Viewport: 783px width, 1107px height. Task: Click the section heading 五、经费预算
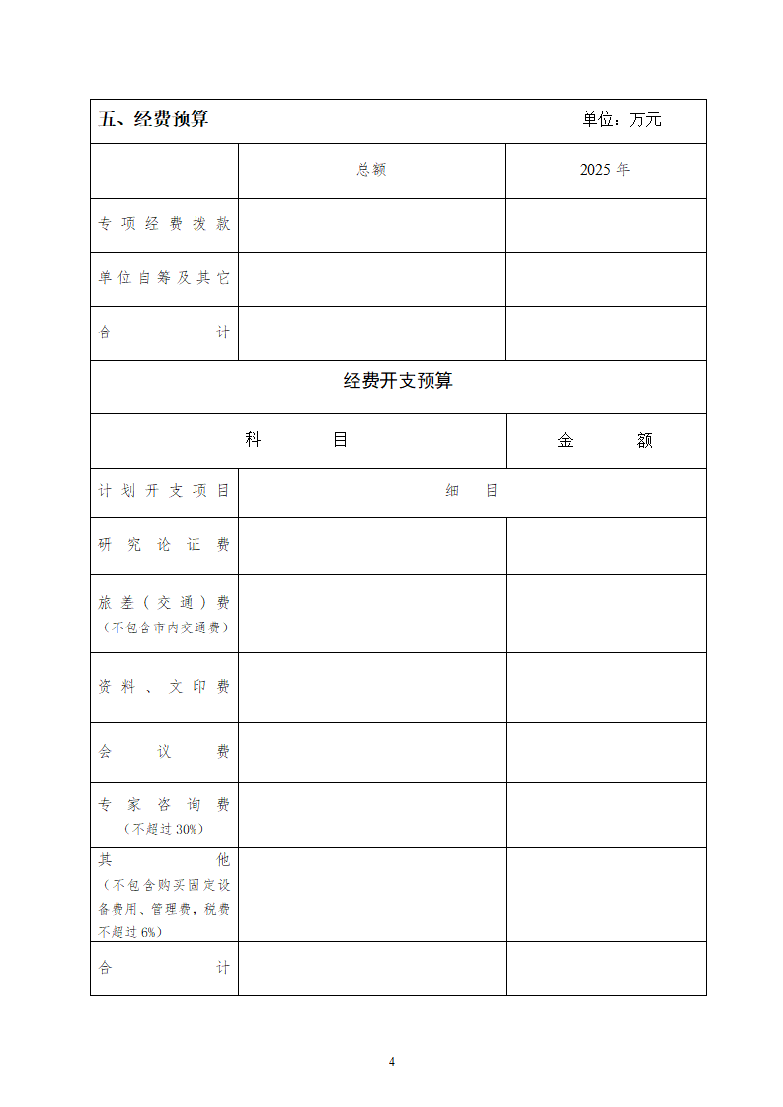(x=154, y=119)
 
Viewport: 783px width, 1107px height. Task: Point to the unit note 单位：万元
(x=621, y=120)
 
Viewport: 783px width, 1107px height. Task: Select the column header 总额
(x=371, y=170)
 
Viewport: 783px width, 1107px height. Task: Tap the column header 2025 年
(x=604, y=170)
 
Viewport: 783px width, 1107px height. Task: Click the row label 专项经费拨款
(x=164, y=224)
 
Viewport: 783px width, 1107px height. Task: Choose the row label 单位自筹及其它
(x=164, y=278)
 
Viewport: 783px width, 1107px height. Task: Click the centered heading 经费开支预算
(x=398, y=381)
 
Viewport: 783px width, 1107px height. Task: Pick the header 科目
(x=297, y=440)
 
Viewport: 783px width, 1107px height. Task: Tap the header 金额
(x=605, y=441)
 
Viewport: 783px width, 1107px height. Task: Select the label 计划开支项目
(x=164, y=491)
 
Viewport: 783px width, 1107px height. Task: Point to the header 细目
(x=472, y=491)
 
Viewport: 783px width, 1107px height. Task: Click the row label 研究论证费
(x=164, y=545)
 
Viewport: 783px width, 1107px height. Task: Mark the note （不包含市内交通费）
(x=164, y=628)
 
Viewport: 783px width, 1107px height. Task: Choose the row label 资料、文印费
(x=164, y=687)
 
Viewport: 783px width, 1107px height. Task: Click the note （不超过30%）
(x=164, y=830)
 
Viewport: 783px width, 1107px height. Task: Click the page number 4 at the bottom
(x=392, y=1062)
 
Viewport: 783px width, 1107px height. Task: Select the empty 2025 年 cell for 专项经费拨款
(x=605, y=225)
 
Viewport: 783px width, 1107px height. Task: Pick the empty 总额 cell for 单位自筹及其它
(x=371, y=279)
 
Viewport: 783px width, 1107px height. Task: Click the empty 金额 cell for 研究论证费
(x=605, y=546)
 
